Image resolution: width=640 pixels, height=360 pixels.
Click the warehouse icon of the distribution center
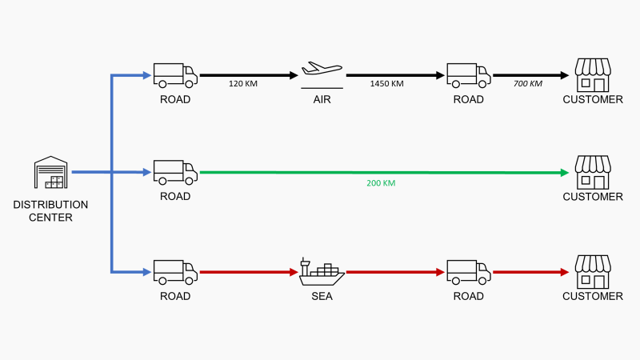[50, 173]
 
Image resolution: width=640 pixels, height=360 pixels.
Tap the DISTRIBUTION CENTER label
[50, 210]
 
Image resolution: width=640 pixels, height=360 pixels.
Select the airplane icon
[321, 70]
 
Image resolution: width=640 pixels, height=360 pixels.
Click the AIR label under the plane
[322, 100]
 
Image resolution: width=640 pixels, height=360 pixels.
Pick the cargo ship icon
[322, 272]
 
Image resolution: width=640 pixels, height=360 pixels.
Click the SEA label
[322, 296]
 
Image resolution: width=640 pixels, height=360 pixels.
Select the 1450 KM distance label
[386, 83]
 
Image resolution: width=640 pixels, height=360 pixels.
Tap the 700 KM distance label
[527, 83]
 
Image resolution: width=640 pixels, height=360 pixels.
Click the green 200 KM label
[381, 183]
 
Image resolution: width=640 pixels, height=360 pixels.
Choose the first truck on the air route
[175, 75]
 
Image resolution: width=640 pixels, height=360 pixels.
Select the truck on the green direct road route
[175, 172]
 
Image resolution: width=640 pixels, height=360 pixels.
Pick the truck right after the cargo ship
[469, 272]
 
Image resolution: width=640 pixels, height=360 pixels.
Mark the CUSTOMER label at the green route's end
[593, 197]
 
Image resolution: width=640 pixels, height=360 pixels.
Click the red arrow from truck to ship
[248, 272]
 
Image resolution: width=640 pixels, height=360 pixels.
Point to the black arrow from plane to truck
[396, 75]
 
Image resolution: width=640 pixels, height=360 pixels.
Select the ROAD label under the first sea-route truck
[175, 296]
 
